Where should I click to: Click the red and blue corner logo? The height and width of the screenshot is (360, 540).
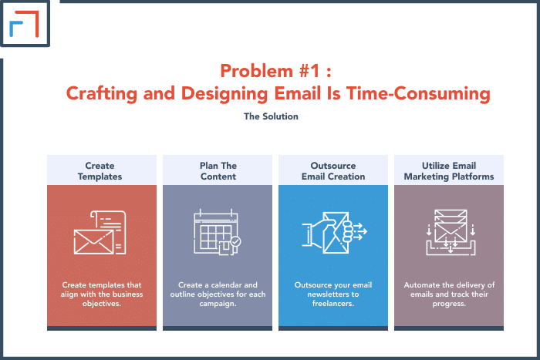pos(24,24)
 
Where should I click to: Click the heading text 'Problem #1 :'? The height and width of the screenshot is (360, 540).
pos(275,71)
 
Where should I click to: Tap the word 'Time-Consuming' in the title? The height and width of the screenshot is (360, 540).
pos(418,93)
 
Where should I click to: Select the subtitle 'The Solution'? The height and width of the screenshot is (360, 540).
pos(271,116)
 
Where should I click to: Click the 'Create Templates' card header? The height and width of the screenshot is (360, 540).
pos(102,170)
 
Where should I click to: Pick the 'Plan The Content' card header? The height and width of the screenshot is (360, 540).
pos(218,170)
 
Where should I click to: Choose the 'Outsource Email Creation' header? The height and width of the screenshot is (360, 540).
pos(333,170)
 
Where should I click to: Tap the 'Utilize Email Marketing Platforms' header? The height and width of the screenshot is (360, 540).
pos(449,170)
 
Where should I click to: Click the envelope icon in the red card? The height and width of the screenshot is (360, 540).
pos(93,242)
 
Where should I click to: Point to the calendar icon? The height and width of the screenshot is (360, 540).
pos(217,231)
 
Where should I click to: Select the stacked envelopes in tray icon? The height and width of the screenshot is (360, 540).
pos(451,232)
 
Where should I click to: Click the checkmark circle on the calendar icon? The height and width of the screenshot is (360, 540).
pos(236,241)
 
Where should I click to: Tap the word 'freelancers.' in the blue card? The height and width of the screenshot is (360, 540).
pos(333,304)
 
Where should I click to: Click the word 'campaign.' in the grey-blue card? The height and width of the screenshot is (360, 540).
pos(218,304)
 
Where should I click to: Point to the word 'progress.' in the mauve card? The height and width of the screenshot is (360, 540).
pos(449,304)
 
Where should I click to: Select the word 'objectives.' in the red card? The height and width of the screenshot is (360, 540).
pos(102,304)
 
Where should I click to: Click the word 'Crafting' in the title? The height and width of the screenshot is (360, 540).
pos(102,93)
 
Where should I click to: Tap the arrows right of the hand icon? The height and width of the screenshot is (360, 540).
pos(360,231)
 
